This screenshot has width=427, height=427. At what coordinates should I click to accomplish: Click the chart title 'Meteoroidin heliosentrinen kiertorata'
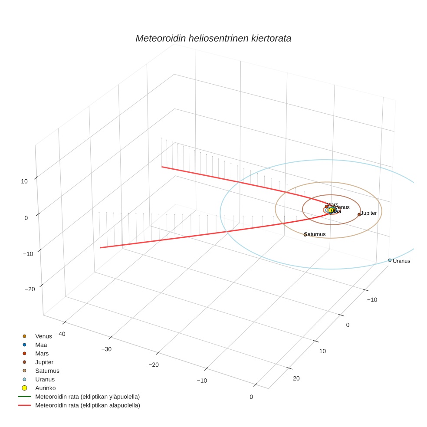click(x=213, y=38)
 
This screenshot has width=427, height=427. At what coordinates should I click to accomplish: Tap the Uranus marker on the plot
click(x=390, y=260)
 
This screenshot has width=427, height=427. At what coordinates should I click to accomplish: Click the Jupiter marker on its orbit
click(x=359, y=214)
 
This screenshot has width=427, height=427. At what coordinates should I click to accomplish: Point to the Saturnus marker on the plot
click(x=305, y=234)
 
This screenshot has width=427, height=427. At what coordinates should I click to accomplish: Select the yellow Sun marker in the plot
click(x=331, y=210)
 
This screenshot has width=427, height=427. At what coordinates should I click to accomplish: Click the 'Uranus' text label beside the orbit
click(x=401, y=261)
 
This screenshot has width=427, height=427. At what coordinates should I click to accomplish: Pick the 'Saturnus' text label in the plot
click(x=315, y=234)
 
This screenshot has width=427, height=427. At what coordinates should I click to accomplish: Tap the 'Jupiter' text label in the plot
click(x=369, y=213)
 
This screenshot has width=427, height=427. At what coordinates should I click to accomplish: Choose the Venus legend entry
click(x=43, y=336)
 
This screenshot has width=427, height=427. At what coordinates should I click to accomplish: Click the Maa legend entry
click(x=41, y=345)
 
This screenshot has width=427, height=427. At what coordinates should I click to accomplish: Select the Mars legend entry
click(x=42, y=354)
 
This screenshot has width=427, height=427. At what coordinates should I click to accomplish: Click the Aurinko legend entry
click(x=45, y=388)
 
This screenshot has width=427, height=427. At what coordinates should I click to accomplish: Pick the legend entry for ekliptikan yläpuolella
click(x=87, y=397)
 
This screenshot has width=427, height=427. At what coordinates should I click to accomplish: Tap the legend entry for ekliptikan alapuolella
click(x=87, y=405)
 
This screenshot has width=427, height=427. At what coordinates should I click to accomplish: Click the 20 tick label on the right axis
click(x=296, y=378)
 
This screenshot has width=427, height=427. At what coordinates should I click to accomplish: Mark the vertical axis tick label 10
click(x=24, y=181)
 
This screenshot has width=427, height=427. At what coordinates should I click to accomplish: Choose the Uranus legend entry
click(x=45, y=379)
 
